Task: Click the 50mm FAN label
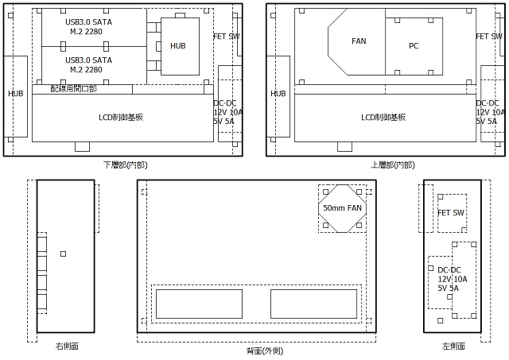pos(342,208)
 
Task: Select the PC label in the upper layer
pos(414,46)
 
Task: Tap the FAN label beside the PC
pos(359,41)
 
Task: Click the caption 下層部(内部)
pos(126,165)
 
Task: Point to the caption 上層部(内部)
pos(392,165)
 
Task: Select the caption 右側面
pos(67,346)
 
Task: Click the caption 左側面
pos(453,346)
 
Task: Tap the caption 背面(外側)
pos(265,350)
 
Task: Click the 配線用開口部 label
pos(74,88)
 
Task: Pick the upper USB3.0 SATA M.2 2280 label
pos(88,26)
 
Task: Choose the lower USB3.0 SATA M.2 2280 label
pos(88,65)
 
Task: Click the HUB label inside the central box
pos(178,46)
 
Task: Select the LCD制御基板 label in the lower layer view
pos(121,117)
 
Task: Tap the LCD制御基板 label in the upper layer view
pos(383,117)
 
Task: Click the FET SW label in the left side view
pos(451,213)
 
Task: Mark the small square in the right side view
pos(64,254)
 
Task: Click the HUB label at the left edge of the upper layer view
pos(278,94)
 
